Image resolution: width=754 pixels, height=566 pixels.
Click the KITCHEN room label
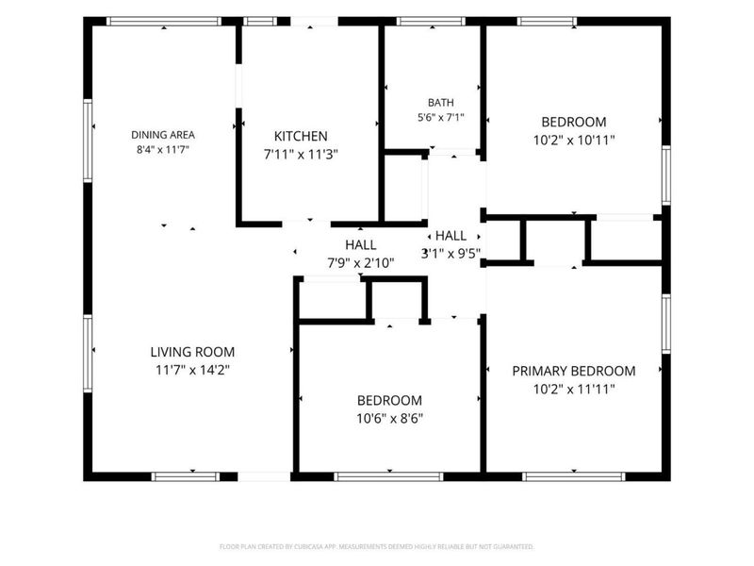[x=301, y=136]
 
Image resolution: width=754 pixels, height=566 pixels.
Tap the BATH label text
[x=440, y=103]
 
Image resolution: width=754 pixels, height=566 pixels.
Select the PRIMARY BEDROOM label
[x=574, y=371]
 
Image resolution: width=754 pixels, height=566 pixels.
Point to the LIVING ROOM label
[x=192, y=352]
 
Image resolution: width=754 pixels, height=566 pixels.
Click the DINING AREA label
[x=163, y=135]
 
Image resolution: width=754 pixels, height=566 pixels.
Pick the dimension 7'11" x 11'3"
[x=301, y=155]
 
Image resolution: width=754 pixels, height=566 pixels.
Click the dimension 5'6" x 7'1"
[x=440, y=117]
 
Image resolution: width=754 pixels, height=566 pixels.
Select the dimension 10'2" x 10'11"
[x=574, y=140]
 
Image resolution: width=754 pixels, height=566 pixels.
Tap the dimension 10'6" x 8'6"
[x=389, y=418]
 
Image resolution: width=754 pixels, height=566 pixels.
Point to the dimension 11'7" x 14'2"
[x=192, y=370]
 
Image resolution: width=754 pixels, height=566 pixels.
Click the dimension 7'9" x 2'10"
[x=361, y=263]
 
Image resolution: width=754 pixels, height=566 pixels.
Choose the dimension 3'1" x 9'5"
[x=451, y=253]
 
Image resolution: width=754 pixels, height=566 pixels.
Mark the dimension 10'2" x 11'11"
[x=574, y=389]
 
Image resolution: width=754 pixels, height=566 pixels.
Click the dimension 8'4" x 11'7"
[x=163, y=149]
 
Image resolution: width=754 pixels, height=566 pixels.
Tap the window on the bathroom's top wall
[x=431, y=21]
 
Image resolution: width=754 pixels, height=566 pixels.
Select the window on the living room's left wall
[x=88, y=353]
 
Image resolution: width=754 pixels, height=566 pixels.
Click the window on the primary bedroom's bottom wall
[x=574, y=476]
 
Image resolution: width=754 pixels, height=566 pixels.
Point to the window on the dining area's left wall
[x=88, y=141]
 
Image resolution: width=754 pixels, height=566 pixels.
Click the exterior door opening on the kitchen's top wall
[x=315, y=21]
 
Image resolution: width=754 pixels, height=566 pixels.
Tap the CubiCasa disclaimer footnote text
[x=376, y=546]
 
